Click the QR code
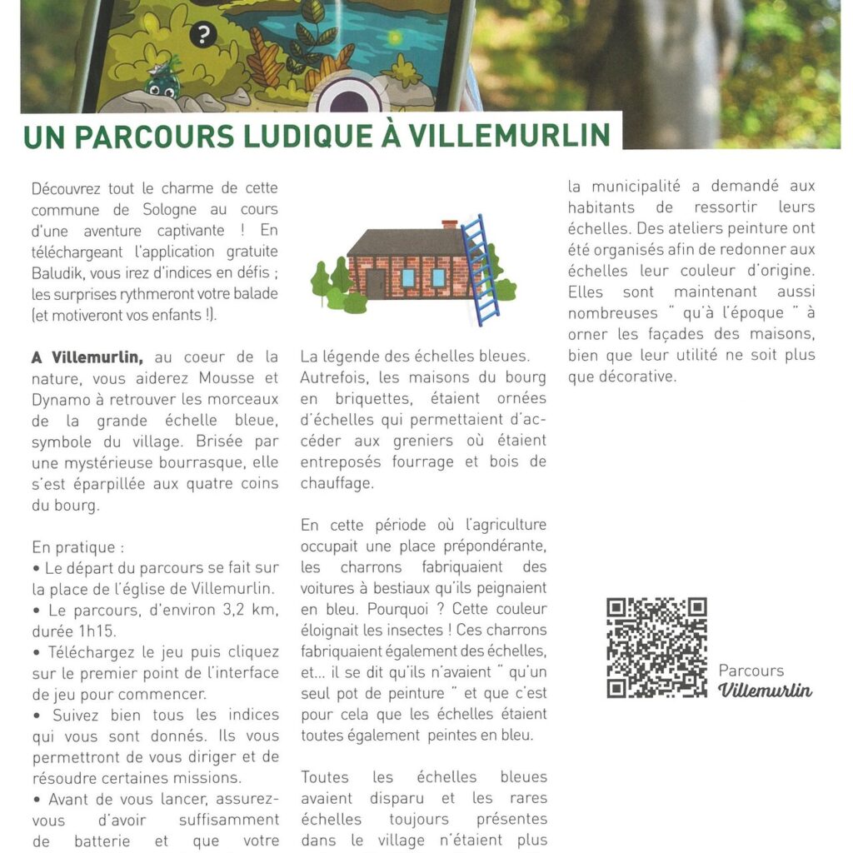click(656, 647)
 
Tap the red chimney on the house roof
click(450, 224)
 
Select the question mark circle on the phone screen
click(202, 36)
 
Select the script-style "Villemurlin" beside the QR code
click(765, 691)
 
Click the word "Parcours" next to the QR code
click(751, 671)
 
